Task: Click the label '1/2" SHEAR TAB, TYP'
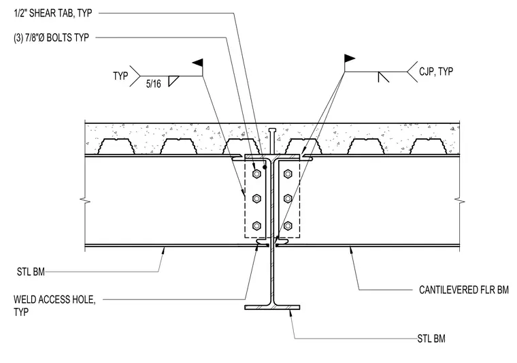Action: (x=53, y=13)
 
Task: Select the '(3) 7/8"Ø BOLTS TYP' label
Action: (x=51, y=37)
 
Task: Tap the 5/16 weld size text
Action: (x=154, y=84)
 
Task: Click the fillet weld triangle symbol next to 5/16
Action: (x=173, y=81)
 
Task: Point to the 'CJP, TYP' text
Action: (x=436, y=72)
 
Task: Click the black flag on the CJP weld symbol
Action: (x=350, y=59)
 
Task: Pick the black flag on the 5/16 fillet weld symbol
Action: (x=198, y=63)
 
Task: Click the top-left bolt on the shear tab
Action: (x=257, y=174)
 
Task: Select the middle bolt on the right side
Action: (x=288, y=199)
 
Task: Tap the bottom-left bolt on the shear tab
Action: (x=257, y=226)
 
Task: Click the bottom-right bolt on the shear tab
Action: (x=288, y=226)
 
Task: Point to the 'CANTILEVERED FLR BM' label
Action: (x=464, y=289)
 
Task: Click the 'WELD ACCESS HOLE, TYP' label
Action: (x=54, y=306)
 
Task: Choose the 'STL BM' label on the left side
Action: (x=31, y=272)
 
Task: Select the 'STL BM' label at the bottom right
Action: (x=431, y=338)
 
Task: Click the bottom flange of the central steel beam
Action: (x=272, y=308)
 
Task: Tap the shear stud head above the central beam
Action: (x=272, y=129)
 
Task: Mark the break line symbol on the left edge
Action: (x=85, y=200)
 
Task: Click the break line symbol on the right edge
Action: (x=459, y=200)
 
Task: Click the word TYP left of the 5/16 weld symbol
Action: (x=120, y=76)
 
